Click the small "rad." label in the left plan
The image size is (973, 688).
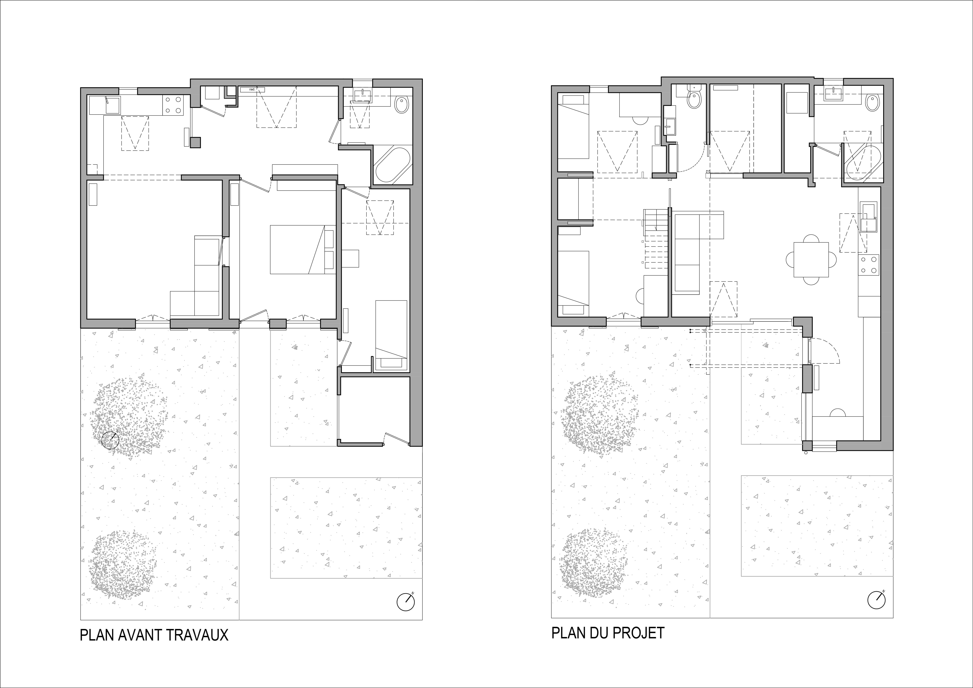(252, 89)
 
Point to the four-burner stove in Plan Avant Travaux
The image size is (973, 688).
(173, 106)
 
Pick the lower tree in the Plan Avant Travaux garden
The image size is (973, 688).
(123, 563)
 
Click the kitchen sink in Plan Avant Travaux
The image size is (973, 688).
(113, 105)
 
